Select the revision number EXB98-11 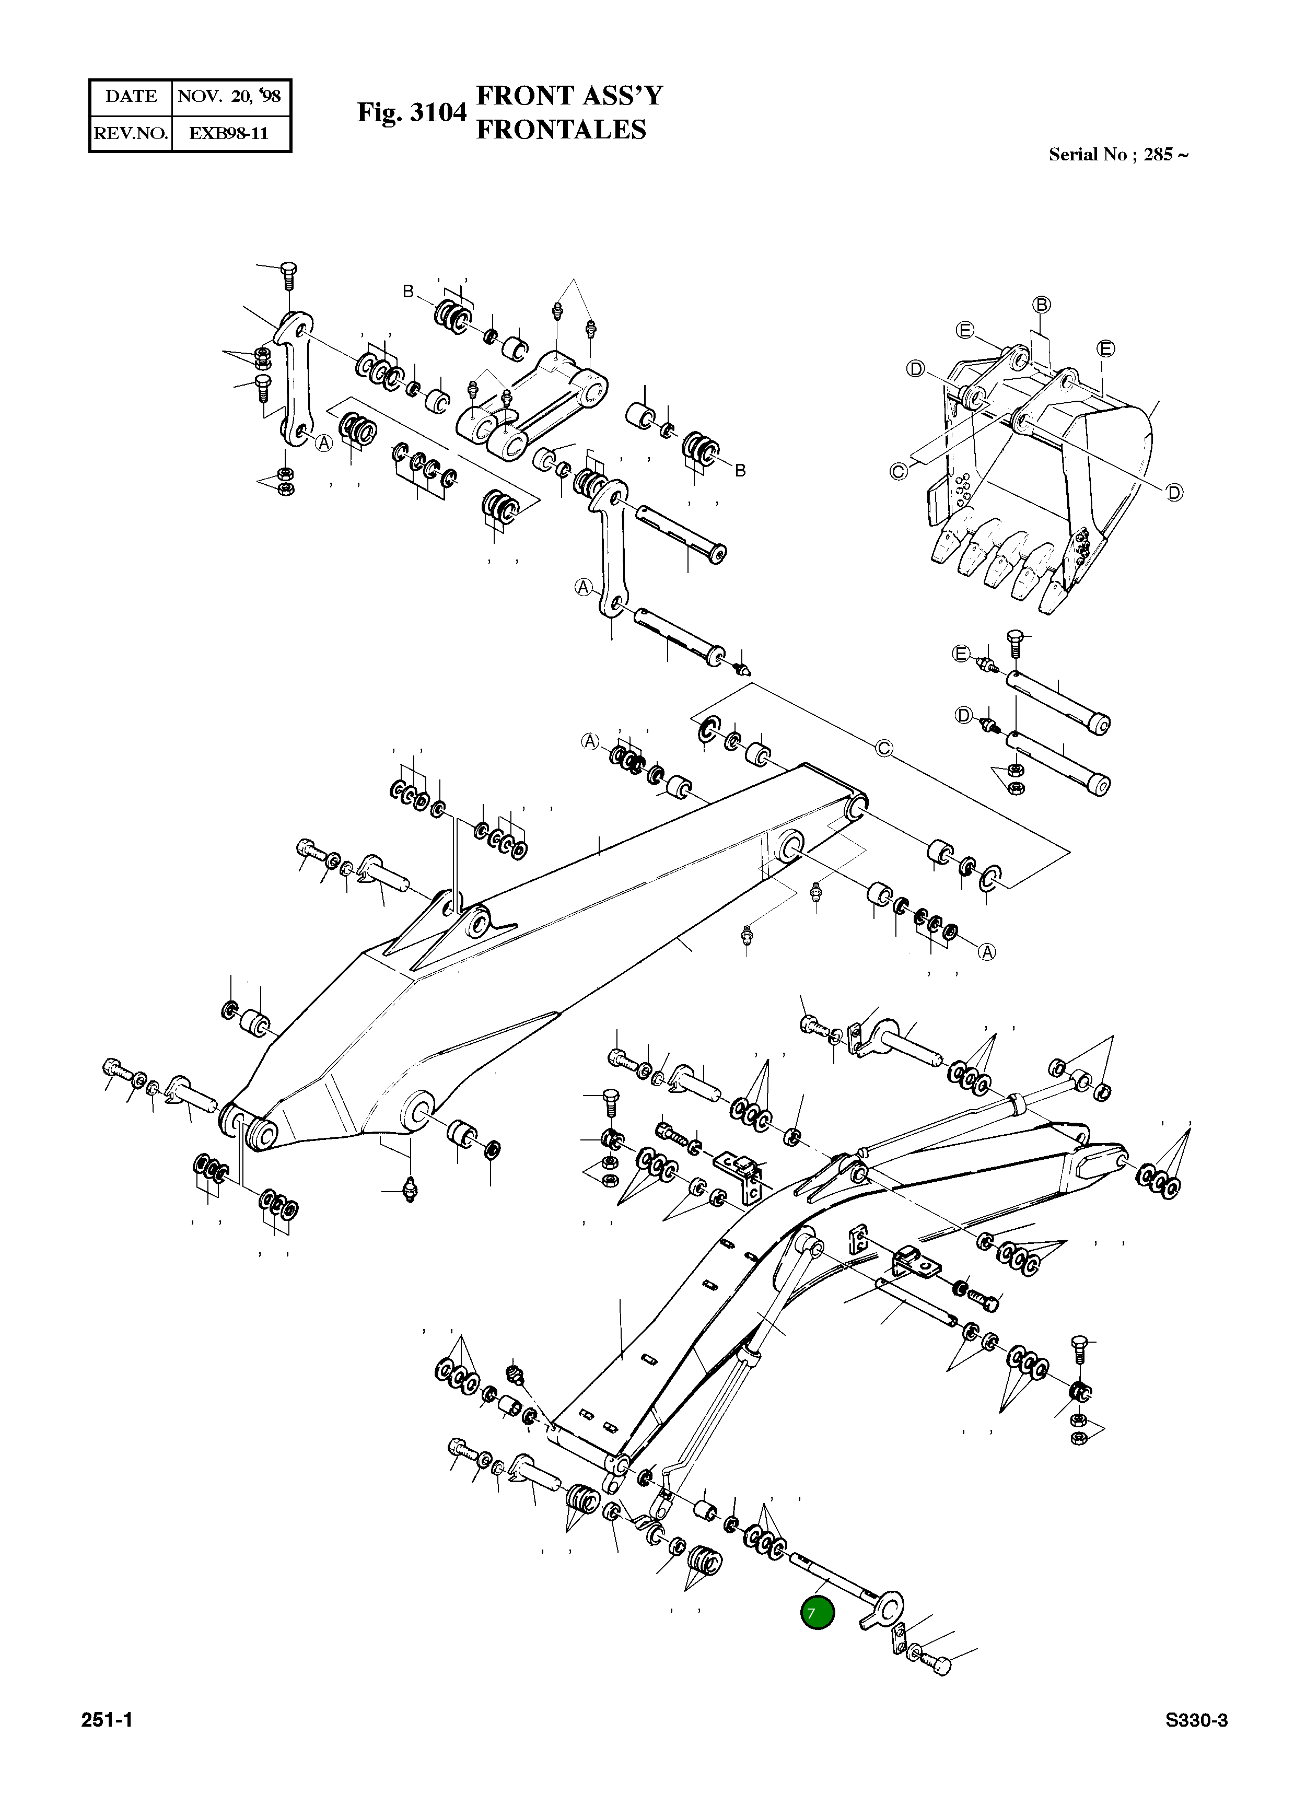(229, 133)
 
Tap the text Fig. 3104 (411, 112)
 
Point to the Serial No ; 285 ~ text (1117, 155)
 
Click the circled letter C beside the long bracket (884, 749)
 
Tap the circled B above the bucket (1042, 305)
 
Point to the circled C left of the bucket (899, 471)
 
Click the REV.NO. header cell (131, 133)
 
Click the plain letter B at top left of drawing (409, 292)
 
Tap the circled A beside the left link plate (323, 444)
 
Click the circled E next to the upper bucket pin (961, 654)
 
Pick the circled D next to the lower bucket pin (964, 716)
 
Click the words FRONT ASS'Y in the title (568, 96)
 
